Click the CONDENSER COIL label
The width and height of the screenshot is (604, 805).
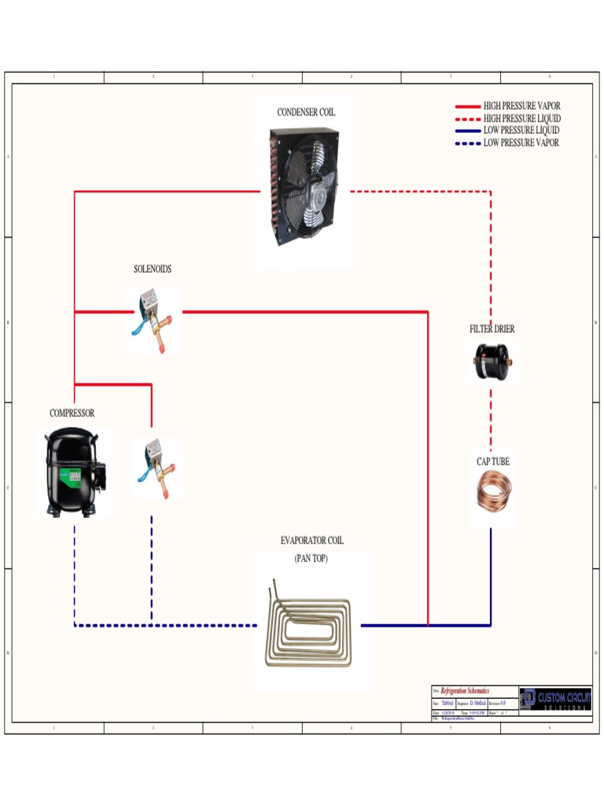coord(305,112)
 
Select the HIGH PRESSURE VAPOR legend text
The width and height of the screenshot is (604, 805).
coord(521,106)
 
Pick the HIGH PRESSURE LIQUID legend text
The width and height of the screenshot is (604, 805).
coord(521,119)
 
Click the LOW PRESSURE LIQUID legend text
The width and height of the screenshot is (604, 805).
coord(521,130)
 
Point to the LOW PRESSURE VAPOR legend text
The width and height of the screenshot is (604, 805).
coord(521,143)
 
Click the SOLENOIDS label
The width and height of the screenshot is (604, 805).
coord(153,269)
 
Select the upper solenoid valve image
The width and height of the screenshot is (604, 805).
coord(153,318)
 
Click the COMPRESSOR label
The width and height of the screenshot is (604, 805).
coord(72,414)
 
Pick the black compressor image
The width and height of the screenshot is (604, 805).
coord(75,472)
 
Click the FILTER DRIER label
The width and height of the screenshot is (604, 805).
coord(492,329)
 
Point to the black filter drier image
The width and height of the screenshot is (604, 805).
coord(492,361)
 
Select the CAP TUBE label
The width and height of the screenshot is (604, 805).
coord(492,461)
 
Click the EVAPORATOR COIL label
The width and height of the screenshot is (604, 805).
coord(311,541)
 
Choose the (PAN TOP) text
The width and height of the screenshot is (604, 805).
coord(311,558)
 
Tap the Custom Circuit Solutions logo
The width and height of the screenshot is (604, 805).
coord(555,698)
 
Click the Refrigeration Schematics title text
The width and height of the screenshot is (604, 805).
coord(464,690)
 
